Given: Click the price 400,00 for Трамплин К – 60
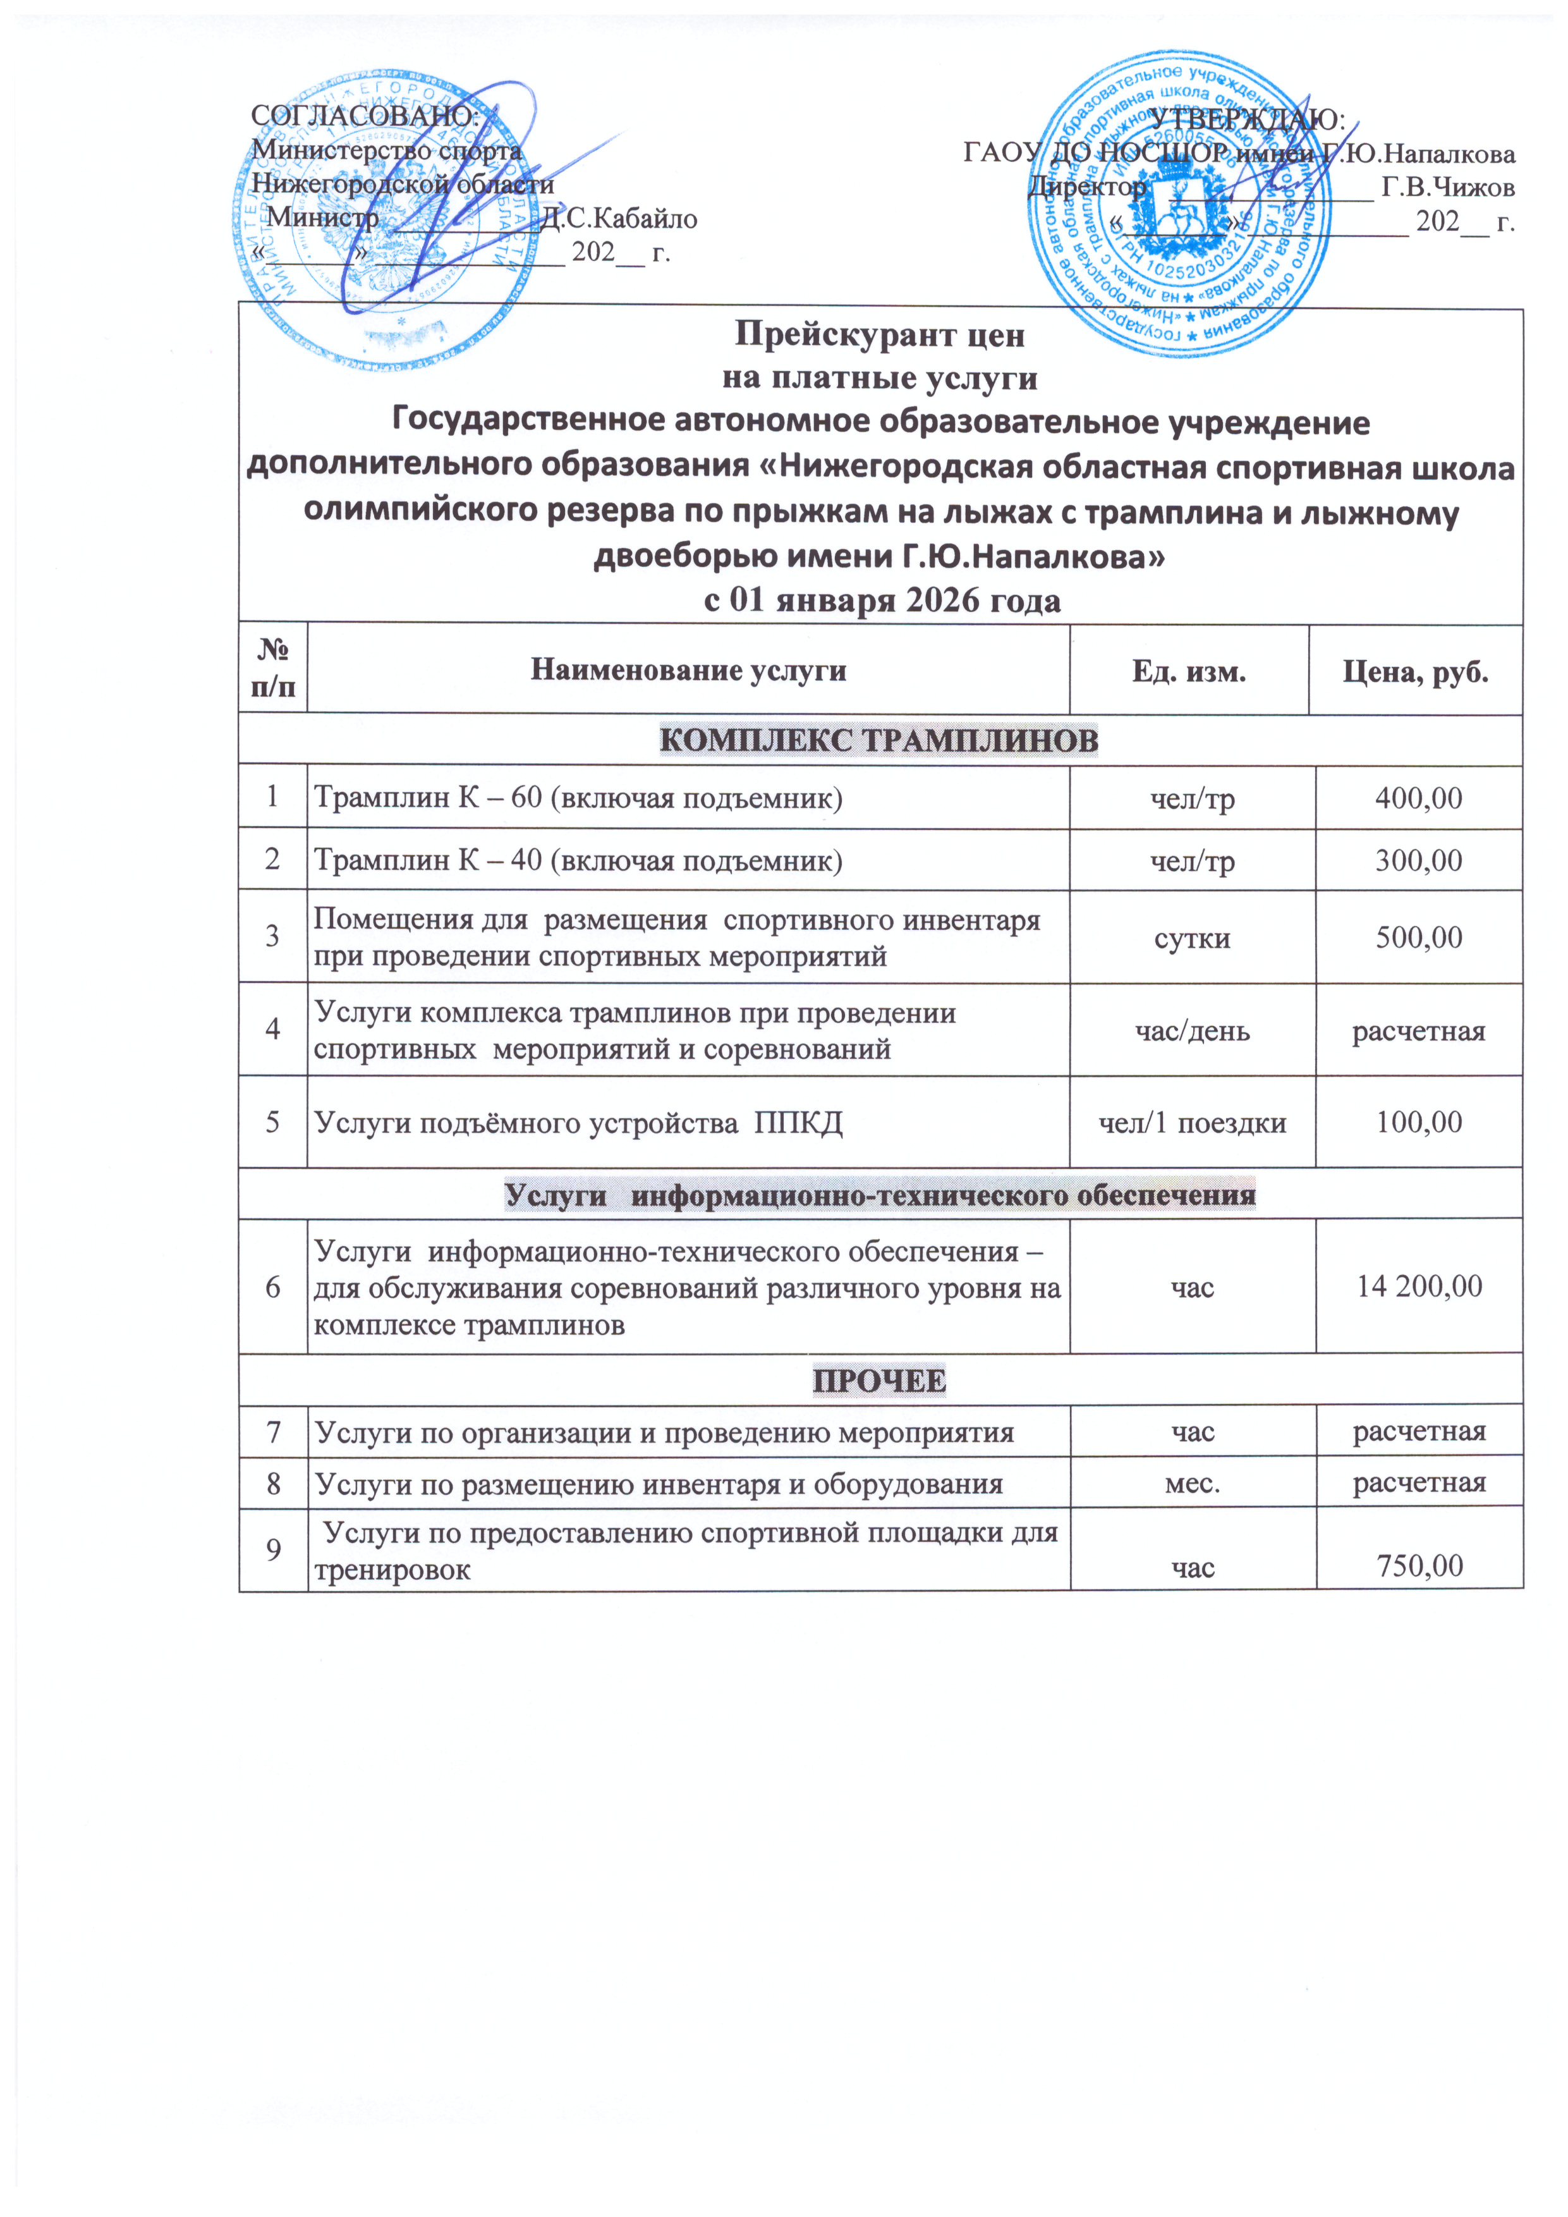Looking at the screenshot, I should point(1418,798).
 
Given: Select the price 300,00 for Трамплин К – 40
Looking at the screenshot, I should point(1418,859).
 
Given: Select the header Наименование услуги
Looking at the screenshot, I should point(688,670).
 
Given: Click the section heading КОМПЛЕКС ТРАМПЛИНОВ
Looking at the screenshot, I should point(878,741).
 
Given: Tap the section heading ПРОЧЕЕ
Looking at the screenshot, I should point(878,1381).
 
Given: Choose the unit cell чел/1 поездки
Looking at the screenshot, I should point(1193,1122).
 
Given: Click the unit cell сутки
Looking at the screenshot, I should point(1193,937).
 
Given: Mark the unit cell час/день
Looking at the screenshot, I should point(1193,1031).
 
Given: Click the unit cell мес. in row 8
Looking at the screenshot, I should point(1193,1483).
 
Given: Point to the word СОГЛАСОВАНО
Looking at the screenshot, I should point(365,115).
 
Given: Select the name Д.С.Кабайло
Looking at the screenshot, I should point(618,218).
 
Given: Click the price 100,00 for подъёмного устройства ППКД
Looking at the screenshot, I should point(1418,1122).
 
